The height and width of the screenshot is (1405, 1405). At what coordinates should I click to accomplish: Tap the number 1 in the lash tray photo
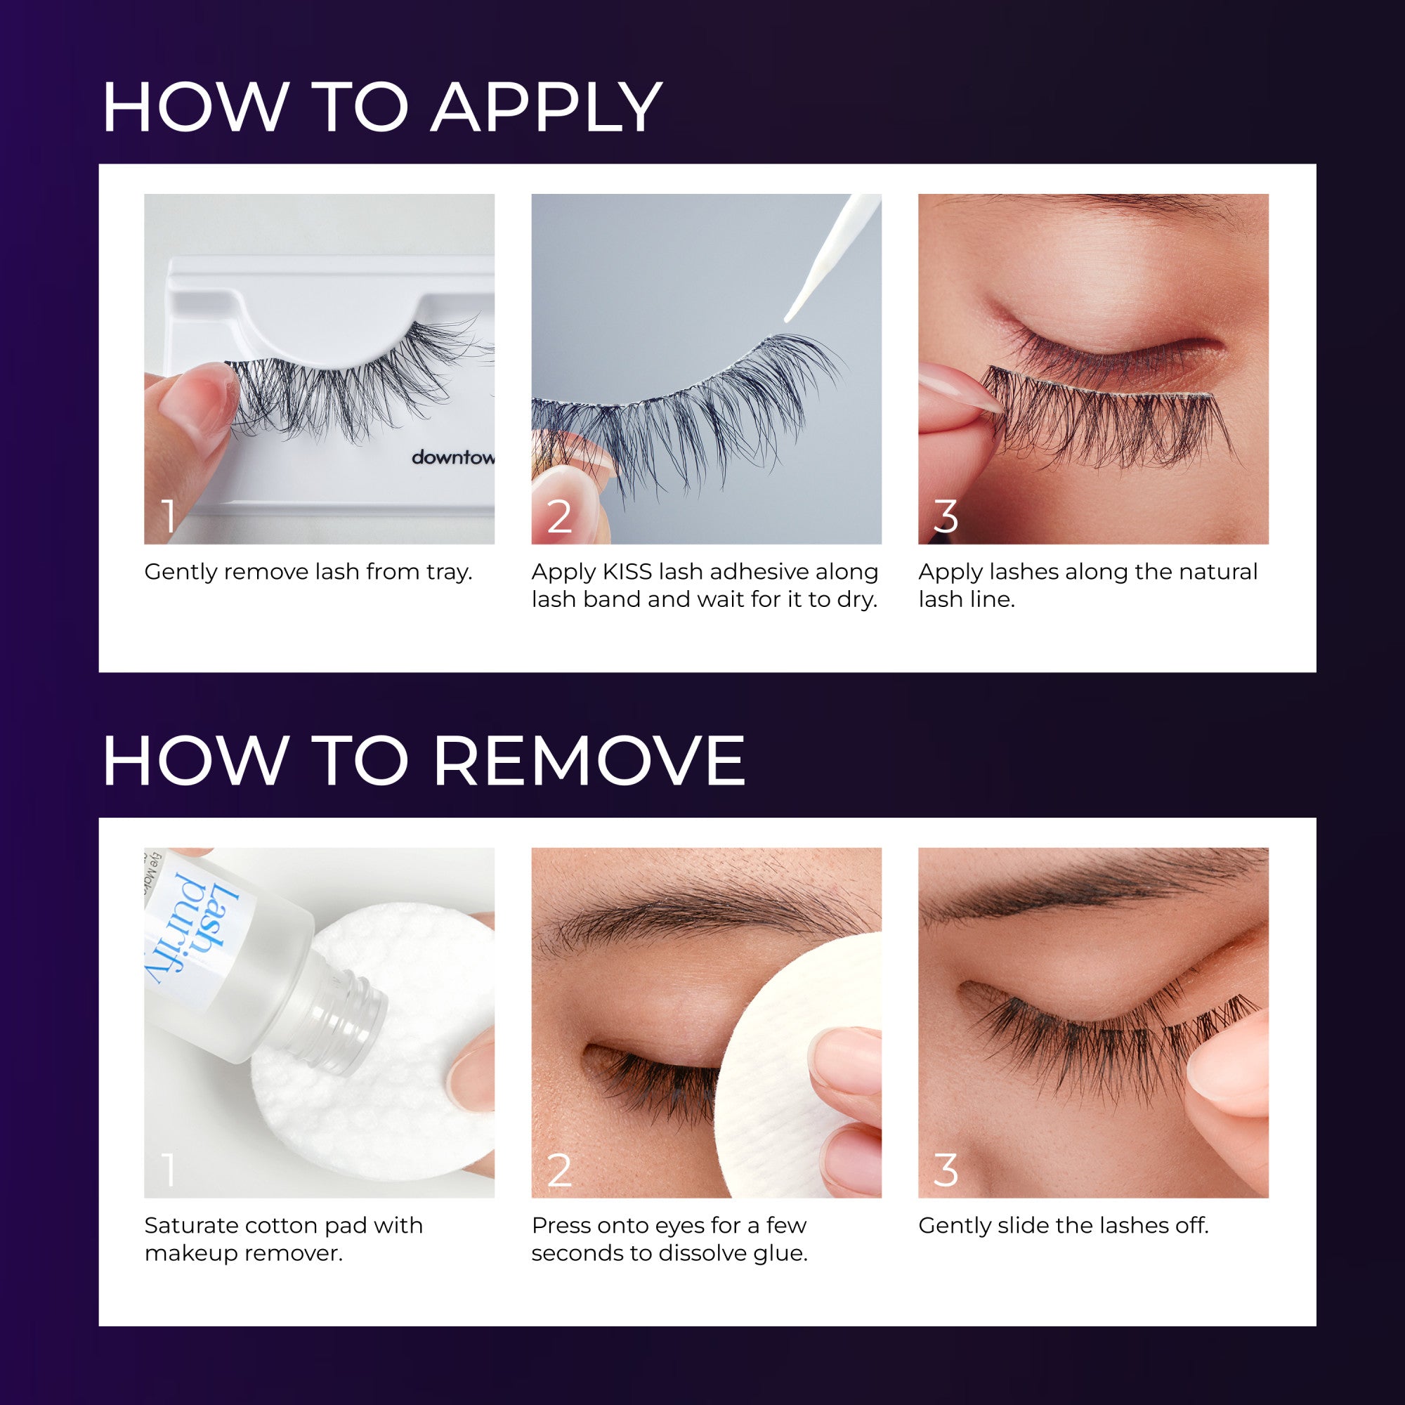[169, 516]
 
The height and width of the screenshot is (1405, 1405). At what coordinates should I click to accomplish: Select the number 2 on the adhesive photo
[559, 516]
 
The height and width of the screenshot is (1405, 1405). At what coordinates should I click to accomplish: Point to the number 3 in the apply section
[946, 516]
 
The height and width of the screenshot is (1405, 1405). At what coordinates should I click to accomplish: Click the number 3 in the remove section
[946, 1171]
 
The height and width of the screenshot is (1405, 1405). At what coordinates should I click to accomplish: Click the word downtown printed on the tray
[452, 457]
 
